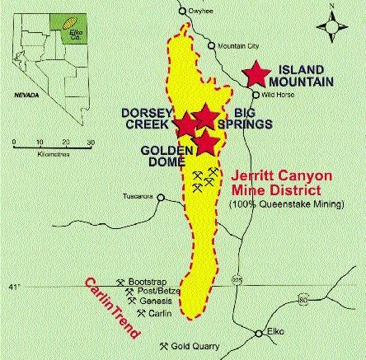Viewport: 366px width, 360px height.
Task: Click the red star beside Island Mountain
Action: (x=256, y=74)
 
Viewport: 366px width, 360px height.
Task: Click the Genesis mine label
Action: (x=154, y=302)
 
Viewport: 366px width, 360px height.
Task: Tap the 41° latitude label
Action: (x=9, y=286)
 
